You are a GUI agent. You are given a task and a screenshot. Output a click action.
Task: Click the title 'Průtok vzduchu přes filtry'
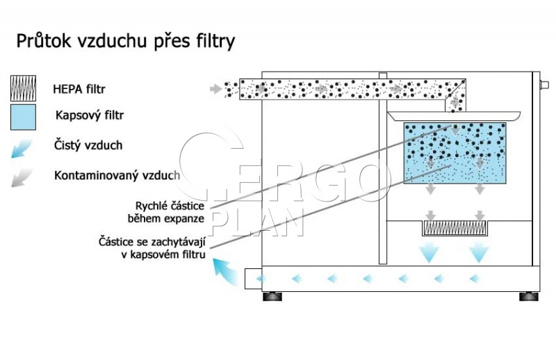click(x=126, y=41)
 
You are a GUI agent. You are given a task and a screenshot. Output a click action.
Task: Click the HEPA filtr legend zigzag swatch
click(x=24, y=88)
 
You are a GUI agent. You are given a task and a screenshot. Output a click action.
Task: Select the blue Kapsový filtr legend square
click(x=24, y=117)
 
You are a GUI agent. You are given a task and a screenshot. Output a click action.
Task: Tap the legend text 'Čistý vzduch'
click(x=88, y=145)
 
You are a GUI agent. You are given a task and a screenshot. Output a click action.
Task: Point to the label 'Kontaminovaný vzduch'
click(x=117, y=175)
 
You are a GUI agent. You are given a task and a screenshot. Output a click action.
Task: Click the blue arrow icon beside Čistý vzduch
click(x=22, y=148)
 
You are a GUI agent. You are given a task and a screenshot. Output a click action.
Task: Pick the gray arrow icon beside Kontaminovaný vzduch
click(x=22, y=178)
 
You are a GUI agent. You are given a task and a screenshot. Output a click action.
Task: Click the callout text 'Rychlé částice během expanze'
click(x=166, y=212)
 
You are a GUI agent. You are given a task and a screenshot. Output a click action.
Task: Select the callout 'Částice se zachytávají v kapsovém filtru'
click(x=152, y=248)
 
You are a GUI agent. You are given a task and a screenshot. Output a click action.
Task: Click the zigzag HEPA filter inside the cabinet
click(x=455, y=228)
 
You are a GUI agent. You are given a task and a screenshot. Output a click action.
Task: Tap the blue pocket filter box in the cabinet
click(x=455, y=153)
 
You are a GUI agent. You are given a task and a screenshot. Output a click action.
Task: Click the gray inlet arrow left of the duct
click(x=215, y=89)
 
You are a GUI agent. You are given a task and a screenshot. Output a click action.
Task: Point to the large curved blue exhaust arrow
click(x=226, y=271)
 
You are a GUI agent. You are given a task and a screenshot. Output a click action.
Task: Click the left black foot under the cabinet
click(x=272, y=296)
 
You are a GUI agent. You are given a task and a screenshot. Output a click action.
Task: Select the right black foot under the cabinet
click(x=529, y=296)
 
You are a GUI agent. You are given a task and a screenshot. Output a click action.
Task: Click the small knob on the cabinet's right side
click(x=544, y=85)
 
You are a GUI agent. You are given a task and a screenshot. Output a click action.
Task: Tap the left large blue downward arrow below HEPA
click(x=430, y=252)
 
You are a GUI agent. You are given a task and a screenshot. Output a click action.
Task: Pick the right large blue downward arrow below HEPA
click(x=479, y=252)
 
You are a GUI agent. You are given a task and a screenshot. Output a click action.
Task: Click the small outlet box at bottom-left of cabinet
click(x=253, y=279)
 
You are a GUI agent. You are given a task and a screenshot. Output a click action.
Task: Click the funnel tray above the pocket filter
click(x=454, y=116)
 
